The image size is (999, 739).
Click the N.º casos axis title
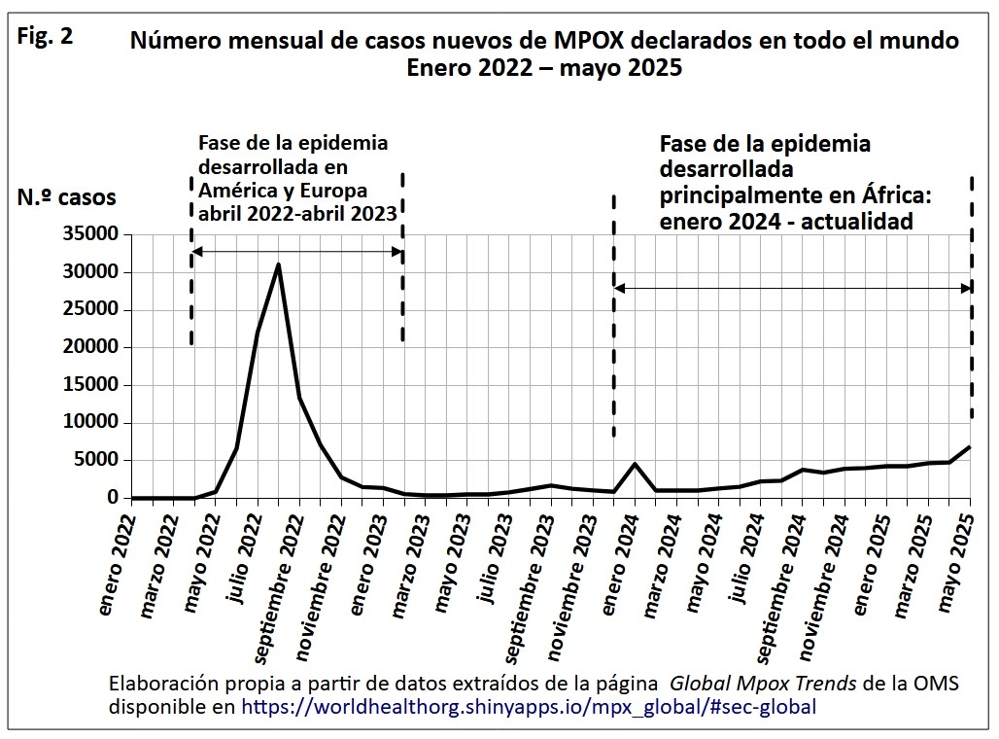click(66, 198)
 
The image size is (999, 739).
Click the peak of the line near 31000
click(279, 264)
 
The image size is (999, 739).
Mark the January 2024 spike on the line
click(635, 464)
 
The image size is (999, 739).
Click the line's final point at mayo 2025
click(970, 447)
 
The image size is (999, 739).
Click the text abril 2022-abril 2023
click(297, 213)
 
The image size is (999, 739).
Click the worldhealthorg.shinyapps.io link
click(529, 707)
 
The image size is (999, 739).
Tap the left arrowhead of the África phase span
click(619, 288)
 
